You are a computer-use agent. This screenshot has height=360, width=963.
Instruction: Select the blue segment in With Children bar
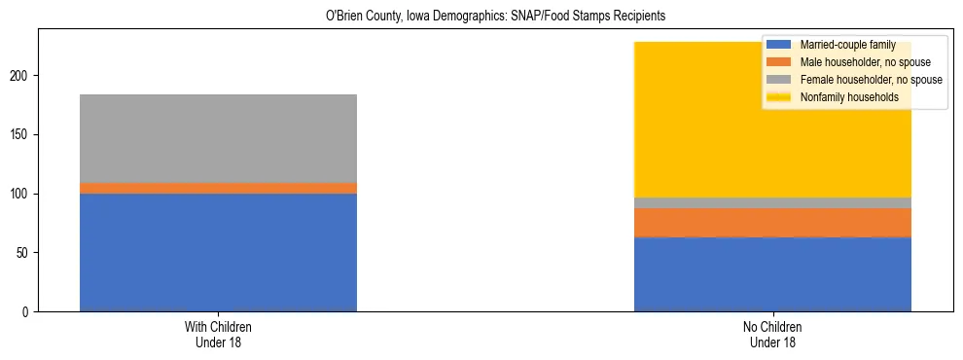pos(218,252)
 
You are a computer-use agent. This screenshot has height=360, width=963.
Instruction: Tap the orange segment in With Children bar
pos(218,188)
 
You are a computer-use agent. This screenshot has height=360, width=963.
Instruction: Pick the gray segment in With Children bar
pos(218,138)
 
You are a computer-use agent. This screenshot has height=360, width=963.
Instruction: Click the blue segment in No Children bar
pos(772,274)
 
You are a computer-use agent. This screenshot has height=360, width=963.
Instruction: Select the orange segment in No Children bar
pos(772,223)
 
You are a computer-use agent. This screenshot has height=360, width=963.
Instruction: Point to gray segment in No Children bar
pos(772,202)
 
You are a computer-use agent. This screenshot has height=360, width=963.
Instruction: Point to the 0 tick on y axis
pos(26,312)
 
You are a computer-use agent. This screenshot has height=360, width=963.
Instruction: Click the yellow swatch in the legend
pos(780,97)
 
